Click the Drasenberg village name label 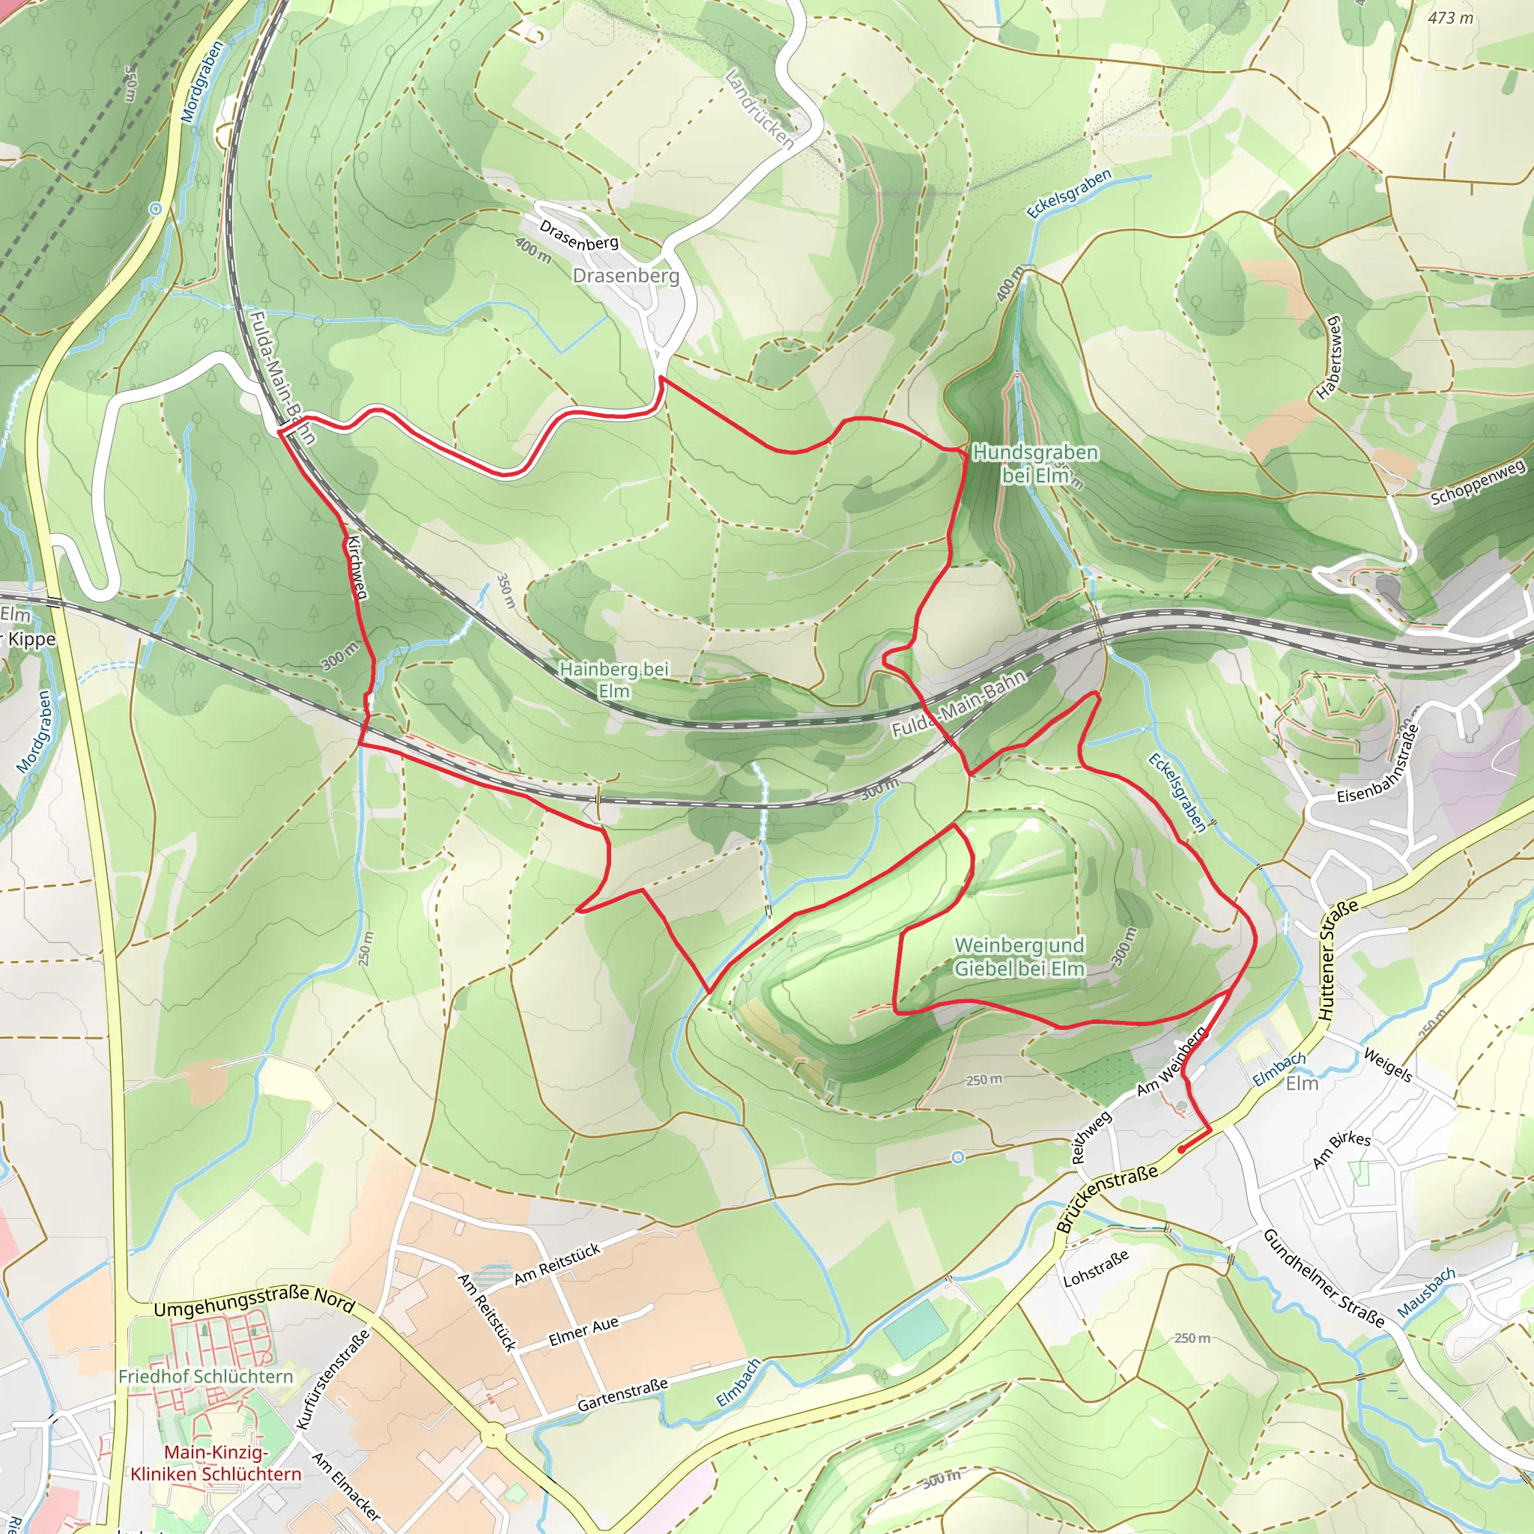pos(625,276)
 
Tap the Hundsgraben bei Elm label pos(1035,464)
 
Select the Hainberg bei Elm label pos(613,679)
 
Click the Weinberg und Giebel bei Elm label pos(1019,957)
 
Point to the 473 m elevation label pos(1450,17)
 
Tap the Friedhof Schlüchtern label pos(206,1376)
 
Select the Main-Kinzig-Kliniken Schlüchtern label pos(216,1464)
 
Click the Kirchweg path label pos(357,568)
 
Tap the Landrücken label pos(760,109)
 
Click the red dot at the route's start pos(1180,1149)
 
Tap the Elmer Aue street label pos(583,1332)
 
